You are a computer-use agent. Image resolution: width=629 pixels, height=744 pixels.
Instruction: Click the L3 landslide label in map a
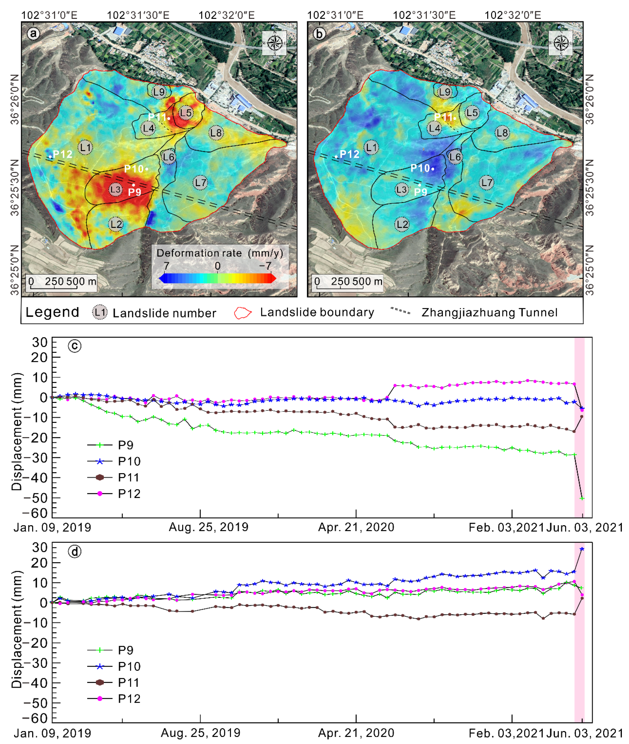coord(115,189)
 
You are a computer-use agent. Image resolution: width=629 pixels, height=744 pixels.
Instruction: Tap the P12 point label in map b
coord(349,154)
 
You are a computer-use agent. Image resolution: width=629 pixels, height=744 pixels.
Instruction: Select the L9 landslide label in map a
coord(159,92)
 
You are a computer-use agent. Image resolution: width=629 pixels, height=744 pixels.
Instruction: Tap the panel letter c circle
coord(75,346)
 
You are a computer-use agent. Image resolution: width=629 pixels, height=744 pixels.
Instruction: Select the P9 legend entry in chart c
coord(111,445)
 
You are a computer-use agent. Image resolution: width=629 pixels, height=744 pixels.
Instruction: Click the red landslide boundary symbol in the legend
coord(243,313)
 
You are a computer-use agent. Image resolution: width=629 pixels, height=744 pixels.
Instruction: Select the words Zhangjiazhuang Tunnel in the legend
coord(489,313)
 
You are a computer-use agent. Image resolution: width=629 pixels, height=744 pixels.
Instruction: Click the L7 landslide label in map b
coord(487,183)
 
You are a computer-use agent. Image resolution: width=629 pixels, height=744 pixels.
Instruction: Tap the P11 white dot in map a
coord(169,118)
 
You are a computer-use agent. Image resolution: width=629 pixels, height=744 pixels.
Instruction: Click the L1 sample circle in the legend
coord(100,313)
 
